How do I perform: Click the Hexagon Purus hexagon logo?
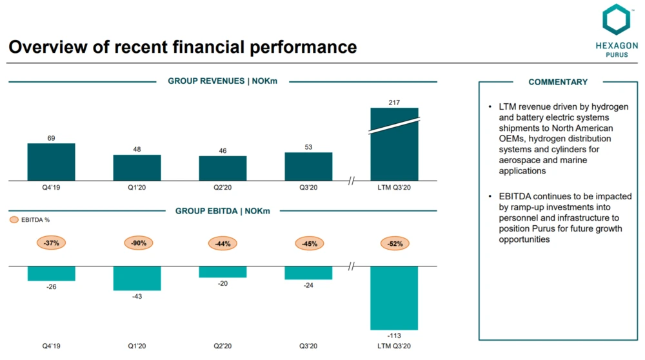click(x=615, y=20)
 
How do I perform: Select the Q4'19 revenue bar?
click(x=51, y=162)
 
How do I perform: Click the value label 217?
click(x=394, y=102)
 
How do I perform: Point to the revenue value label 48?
click(x=137, y=149)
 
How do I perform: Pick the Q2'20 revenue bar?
click(x=223, y=168)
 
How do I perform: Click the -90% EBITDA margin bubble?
click(x=138, y=243)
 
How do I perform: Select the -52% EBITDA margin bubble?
click(x=394, y=243)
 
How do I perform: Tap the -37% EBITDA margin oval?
click(x=52, y=243)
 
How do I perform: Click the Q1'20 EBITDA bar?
click(x=137, y=278)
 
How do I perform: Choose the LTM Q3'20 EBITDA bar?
click(x=394, y=297)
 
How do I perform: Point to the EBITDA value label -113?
click(x=394, y=335)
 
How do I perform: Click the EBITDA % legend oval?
click(x=14, y=220)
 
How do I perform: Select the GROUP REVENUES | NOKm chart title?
click(x=223, y=81)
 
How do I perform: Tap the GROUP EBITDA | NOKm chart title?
click(x=223, y=211)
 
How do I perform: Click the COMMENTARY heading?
click(x=558, y=82)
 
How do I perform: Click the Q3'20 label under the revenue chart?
click(x=308, y=187)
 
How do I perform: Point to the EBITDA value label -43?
click(x=137, y=296)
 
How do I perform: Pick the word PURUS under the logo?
click(x=616, y=55)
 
